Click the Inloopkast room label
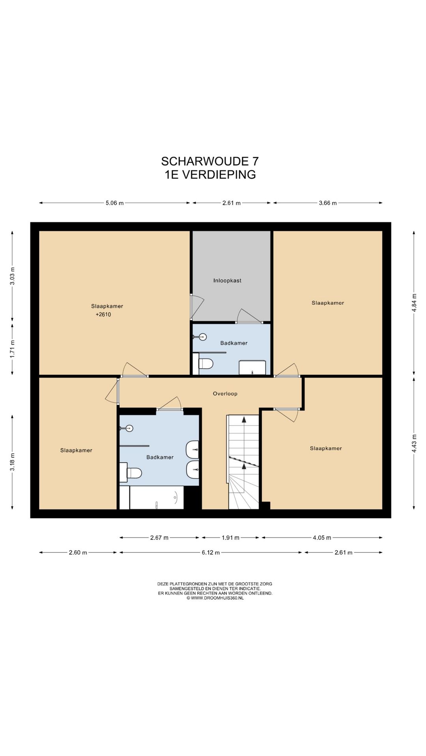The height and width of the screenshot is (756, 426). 227,281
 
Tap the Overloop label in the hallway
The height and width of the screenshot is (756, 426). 225,394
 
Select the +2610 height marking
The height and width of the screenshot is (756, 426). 103,315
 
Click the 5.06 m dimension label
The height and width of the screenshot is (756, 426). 114,203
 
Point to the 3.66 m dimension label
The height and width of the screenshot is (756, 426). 328,203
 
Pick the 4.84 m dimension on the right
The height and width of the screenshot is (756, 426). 414,303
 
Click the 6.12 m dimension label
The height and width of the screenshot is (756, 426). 211,552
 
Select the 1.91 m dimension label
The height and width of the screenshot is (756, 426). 230,537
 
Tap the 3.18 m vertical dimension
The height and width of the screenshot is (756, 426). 13,462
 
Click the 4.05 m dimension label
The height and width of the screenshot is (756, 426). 322,537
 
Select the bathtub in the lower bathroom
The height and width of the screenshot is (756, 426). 157,498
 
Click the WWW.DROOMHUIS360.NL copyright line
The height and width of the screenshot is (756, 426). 215,598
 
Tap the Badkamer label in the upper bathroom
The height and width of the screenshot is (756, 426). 234,343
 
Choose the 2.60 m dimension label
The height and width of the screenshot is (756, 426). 78,552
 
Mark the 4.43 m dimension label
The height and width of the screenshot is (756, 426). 414,443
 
